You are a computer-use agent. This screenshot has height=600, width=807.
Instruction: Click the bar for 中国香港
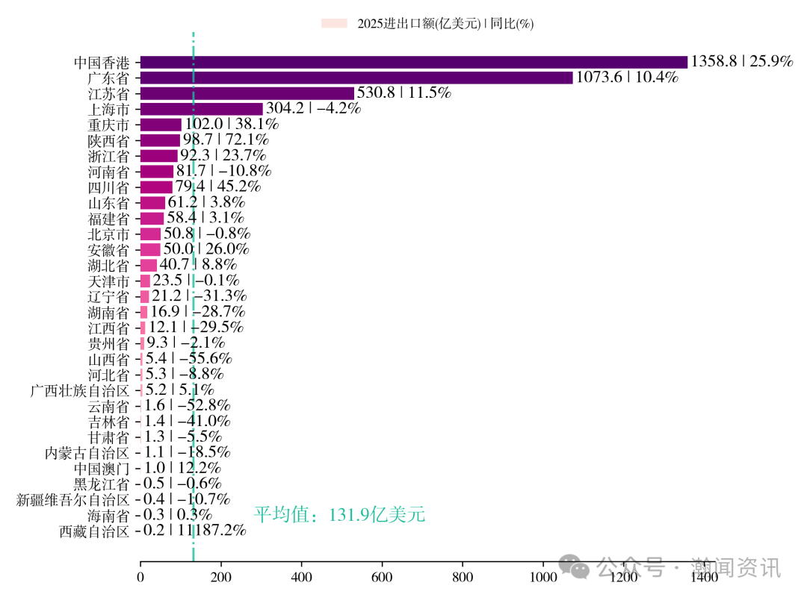(x=413, y=62)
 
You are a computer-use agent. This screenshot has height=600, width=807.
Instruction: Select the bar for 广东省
(x=356, y=78)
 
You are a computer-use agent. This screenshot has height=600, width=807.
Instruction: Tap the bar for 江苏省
(x=247, y=93)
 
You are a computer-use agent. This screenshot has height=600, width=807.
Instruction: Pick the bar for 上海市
(x=201, y=109)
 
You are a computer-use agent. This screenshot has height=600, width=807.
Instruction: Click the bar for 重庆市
(x=161, y=125)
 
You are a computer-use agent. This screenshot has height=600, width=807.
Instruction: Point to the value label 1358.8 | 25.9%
(x=741, y=62)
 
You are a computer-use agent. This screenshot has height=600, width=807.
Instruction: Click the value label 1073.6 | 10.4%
(x=627, y=78)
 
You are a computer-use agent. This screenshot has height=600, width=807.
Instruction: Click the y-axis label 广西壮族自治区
(x=80, y=390)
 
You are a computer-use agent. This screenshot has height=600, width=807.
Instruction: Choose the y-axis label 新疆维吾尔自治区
(x=73, y=499)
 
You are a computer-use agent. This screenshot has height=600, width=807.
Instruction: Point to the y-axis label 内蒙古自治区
(x=87, y=452)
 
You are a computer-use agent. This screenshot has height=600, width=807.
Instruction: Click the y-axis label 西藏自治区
(x=94, y=531)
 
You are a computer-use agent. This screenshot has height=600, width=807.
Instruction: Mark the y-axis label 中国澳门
(x=102, y=468)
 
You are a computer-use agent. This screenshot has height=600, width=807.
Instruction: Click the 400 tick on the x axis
(x=302, y=577)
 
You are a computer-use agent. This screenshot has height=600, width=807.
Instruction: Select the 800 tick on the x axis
(x=463, y=577)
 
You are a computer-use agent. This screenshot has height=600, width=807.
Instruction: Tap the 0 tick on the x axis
(x=140, y=577)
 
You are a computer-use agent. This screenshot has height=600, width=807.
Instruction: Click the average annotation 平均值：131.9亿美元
(x=339, y=515)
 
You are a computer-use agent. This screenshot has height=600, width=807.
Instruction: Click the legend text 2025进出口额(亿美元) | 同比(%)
(x=445, y=24)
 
